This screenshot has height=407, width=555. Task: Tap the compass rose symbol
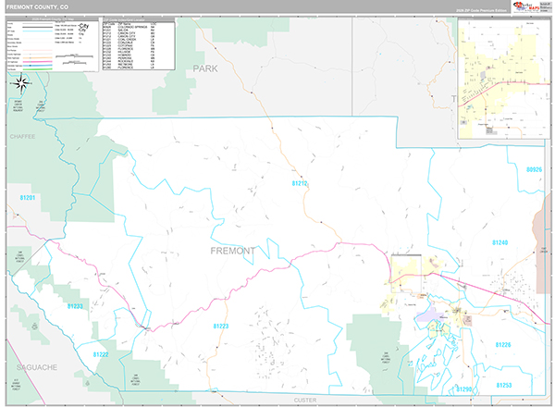(x=21, y=85)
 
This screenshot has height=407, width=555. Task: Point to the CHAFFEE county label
(x=20, y=136)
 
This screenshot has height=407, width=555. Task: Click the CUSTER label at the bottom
(x=304, y=400)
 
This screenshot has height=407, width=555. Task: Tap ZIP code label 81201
(x=27, y=198)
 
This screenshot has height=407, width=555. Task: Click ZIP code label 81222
(x=101, y=354)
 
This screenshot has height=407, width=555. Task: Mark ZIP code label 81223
(x=220, y=326)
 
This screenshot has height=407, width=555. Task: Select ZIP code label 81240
(x=499, y=242)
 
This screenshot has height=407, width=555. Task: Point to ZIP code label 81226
(x=502, y=344)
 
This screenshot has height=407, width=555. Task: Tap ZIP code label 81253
(x=504, y=384)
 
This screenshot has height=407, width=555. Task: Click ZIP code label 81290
(x=464, y=389)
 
